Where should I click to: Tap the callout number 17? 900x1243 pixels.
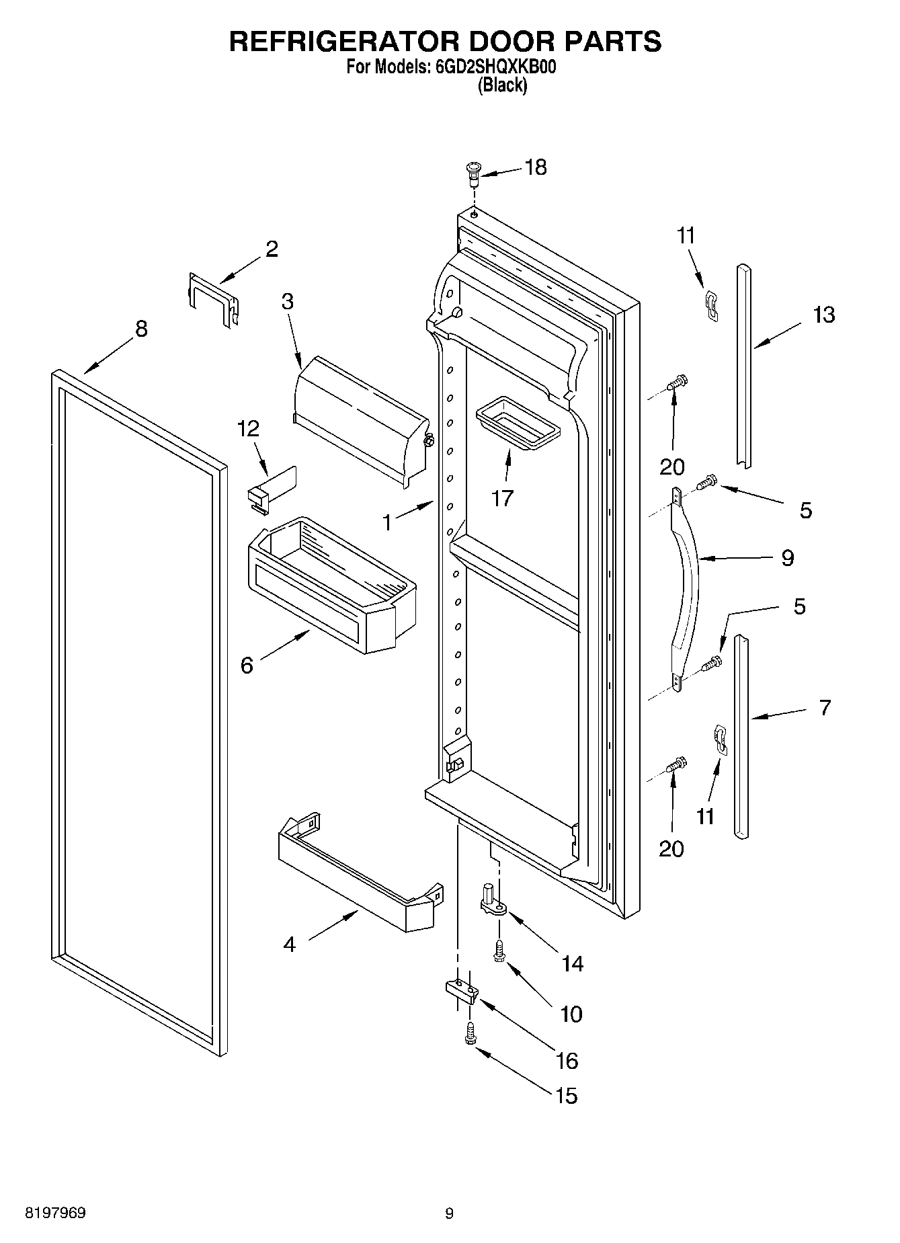point(502,498)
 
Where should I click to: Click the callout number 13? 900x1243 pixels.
point(823,315)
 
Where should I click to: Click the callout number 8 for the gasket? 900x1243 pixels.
point(141,329)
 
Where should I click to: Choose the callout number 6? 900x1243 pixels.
point(247,666)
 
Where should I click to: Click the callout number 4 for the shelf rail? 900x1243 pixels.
point(289,945)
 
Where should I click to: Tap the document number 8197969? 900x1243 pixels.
point(55,1213)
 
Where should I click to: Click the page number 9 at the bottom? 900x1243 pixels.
point(449,1213)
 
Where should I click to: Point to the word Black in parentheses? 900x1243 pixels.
point(502,86)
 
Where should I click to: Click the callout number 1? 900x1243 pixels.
point(387,522)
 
